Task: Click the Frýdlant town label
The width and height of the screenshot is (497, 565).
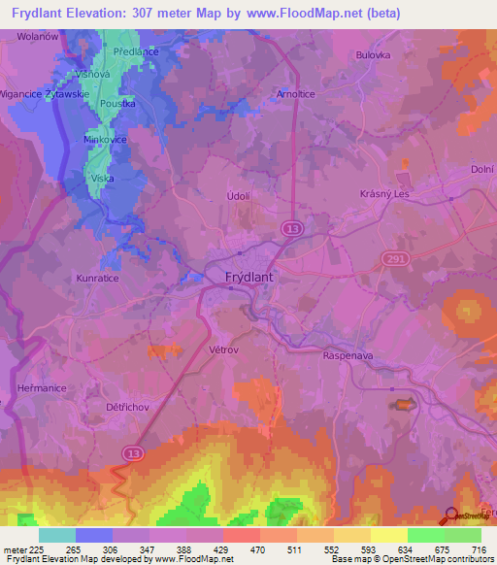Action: pos(243,277)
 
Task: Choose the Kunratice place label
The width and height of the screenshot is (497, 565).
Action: pos(97,278)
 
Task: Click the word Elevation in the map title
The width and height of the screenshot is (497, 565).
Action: pos(114,13)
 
